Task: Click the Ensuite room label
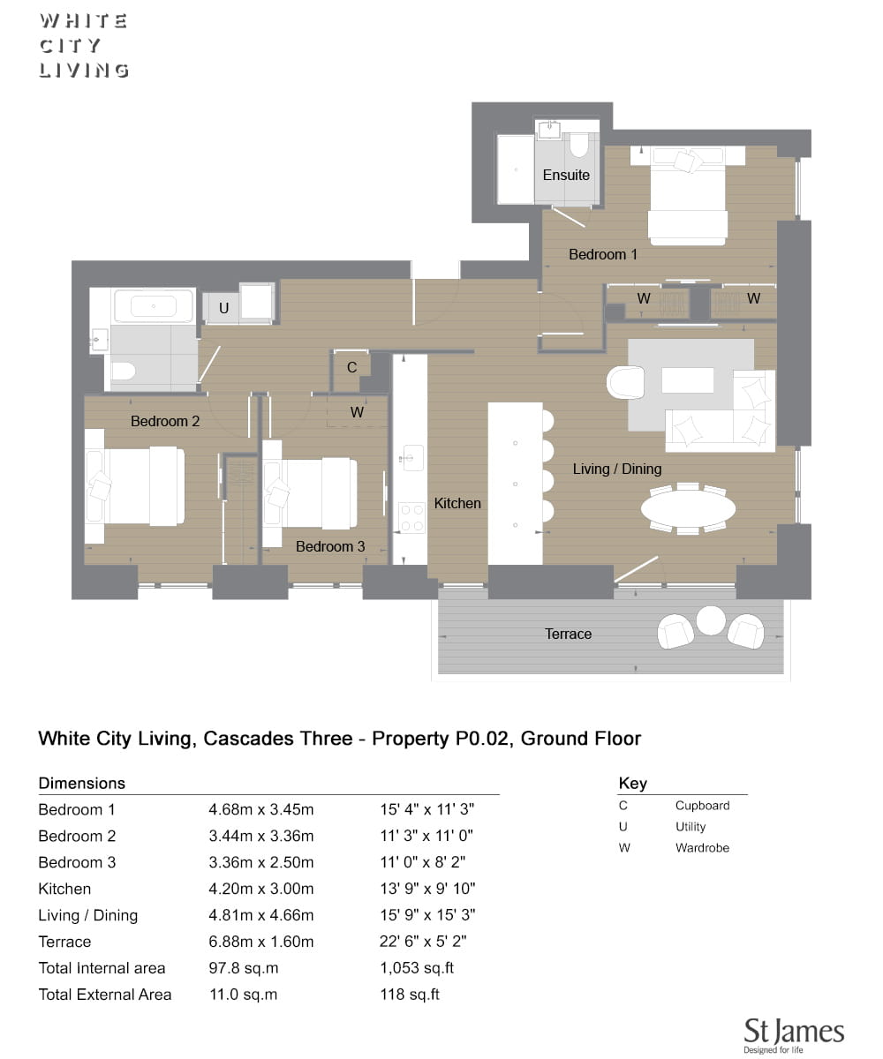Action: click(x=566, y=175)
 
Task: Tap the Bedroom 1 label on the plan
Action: click(x=602, y=254)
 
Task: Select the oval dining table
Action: click(x=688, y=507)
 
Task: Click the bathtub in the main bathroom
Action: click(x=154, y=306)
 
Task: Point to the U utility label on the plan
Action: click(x=223, y=308)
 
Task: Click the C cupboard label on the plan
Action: click(x=351, y=367)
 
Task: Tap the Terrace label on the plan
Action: click(x=568, y=634)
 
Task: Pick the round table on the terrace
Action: click(x=711, y=620)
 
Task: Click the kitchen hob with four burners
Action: click(x=411, y=517)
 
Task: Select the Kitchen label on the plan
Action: click(x=457, y=503)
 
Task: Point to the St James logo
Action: click(x=794, y=1035)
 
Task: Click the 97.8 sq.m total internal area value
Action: click(x=244, y=968)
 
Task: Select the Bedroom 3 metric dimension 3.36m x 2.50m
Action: click(x=260, y=862)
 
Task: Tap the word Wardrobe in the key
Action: click(x=702, y=847)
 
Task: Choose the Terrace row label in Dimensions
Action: click(x=64, y=942)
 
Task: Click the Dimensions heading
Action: click(x=82, y=783)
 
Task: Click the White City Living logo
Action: click(x=84, y=46)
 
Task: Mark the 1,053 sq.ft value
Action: click(x=417, y=968)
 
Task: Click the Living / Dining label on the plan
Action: click(x=617, y=469)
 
